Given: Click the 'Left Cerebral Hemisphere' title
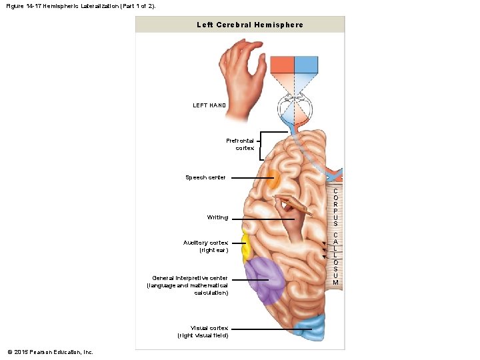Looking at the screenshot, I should [x=250, y=25].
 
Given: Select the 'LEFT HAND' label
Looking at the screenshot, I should [x=209, y=105].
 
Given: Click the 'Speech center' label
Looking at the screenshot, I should [x=205, y=177].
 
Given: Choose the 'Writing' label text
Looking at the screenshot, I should [x=217, y=217].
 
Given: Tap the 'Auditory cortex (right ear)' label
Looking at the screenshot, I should [x=205, y=246].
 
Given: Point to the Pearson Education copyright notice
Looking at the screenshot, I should [x=50, y=352].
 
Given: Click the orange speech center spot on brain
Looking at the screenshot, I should [x=273, y=179].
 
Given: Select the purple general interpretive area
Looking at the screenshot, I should [x=265, y=280].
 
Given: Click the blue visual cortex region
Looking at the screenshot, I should [x=311, y=329].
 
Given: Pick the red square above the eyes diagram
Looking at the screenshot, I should [x=282, y=65].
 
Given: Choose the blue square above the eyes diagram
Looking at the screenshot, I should [x=306, y=65].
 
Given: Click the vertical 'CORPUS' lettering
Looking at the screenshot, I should [x=335, y=207].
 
